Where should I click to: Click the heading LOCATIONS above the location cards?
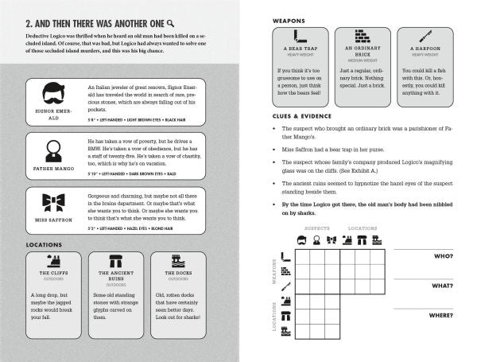pyautogui.click(x=45, y=244)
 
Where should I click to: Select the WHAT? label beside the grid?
pyautogui.click(x=443, y=286)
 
